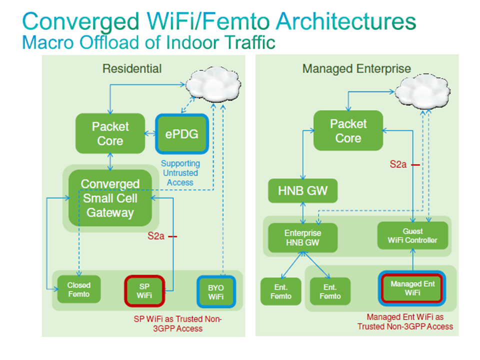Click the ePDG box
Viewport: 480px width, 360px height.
click(182, 134)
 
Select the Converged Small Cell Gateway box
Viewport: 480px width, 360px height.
click(110, 198)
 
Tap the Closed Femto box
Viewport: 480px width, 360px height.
click(79, 289)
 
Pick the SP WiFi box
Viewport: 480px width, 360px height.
click(144, 291)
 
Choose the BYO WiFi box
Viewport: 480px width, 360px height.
click(216, 292)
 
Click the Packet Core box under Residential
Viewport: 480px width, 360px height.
click(110, 133)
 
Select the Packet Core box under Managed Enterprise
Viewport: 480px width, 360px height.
click(348, 130)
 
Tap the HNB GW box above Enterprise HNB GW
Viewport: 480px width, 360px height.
click(303, 190)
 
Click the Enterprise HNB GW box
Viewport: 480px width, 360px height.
click(303, 237)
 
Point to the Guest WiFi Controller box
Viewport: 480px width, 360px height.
click(412, 235)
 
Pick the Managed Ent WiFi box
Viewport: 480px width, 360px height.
click(412, 288)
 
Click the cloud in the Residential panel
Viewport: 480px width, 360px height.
click(213, 85)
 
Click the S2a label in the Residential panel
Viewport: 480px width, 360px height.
click(156, 236)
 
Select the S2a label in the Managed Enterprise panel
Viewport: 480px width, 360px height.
click(398, 164)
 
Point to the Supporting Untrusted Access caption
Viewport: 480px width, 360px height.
click(180, 173)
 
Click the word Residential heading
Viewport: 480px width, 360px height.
click(132, 68)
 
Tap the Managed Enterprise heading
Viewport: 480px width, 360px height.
click(356, 69)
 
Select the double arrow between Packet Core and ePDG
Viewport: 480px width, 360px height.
click(150, 133)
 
